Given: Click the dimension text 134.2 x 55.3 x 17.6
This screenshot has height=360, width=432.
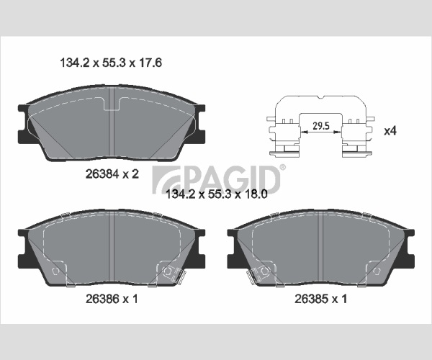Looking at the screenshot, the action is tap(111, 63).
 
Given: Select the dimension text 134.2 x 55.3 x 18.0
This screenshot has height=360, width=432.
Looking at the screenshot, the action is tap(217, 194).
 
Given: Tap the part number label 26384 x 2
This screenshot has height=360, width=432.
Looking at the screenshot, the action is tap(112, 174).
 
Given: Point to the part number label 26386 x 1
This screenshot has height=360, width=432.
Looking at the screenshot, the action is tap(112, 299).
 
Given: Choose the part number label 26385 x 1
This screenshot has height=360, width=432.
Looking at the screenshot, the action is tap(320, 299).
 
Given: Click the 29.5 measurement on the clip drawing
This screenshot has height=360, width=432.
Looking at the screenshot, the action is tap(321, 126).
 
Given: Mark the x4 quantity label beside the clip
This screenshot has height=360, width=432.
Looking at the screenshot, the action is tap(390, 130).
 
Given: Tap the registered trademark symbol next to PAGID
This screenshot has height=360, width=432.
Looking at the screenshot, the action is tap(283, 167).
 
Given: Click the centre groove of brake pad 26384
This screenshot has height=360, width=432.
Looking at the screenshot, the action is tap(112, 122).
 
